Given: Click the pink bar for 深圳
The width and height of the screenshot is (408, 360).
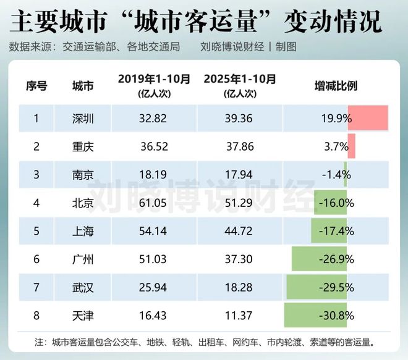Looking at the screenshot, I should pos(368,117).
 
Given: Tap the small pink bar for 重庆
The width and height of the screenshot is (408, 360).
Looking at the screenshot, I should pos(351,146).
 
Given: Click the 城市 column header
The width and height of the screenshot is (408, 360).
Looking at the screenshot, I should pos(83,86).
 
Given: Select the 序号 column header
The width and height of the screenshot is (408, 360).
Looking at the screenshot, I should pos(36,86).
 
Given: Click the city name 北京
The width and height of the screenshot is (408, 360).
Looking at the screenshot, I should pos(83,203).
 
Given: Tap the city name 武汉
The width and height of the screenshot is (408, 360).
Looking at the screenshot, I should pos(83,288).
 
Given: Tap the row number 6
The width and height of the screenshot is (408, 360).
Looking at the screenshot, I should pos(36,259).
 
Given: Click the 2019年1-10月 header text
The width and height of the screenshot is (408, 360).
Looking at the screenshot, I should pos(154,79).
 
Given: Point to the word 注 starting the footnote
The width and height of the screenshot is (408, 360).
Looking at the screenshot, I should pos(40,341).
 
